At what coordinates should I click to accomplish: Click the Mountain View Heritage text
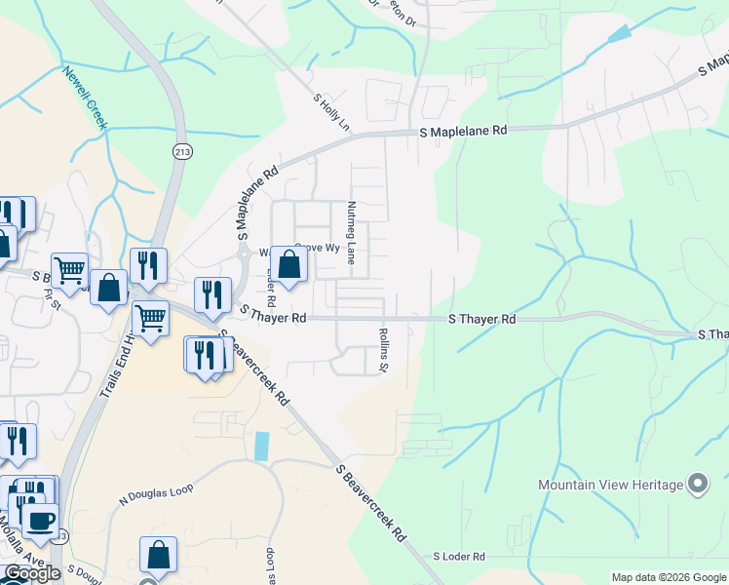click(x=610, y=485)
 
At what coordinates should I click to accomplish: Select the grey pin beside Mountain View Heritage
click(x=697, y=483)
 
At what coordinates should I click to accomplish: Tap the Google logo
click(x=32, y=572)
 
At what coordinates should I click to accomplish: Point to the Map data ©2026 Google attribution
click(x=669, y=577)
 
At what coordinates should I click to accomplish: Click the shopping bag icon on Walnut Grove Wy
click(x=289, y=263)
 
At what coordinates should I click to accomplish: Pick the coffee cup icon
click(x=41, y=520)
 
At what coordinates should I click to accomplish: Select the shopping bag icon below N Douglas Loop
click(x=158, y=555)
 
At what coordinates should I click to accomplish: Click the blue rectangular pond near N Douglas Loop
click(x=260, y=447)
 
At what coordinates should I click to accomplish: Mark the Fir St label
click(x=52, y=303)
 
